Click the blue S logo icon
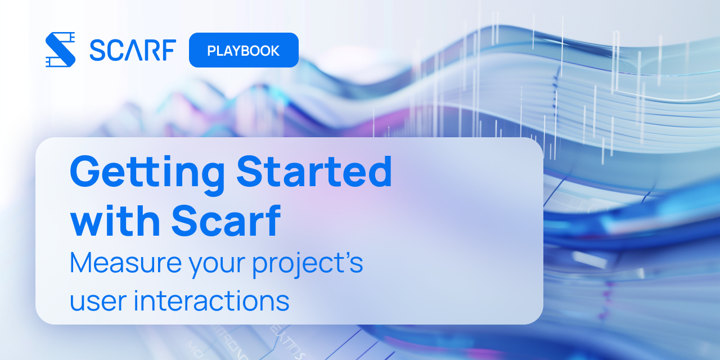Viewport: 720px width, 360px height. [60, 49]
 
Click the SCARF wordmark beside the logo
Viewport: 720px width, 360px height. [133, 50]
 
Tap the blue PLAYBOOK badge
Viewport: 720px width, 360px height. [244, 50]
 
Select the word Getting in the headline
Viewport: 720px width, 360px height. [147, 174]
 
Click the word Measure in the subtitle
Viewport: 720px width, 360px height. [125, 263]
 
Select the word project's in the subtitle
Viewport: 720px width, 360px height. [308, 264]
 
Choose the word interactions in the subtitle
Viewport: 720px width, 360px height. [211, 300]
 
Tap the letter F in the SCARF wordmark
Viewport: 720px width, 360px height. [169, 50]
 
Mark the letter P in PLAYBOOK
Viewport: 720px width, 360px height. [211, 51]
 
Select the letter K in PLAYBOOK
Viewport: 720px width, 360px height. [275, 51]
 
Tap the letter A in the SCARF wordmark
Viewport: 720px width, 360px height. [132, 50]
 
